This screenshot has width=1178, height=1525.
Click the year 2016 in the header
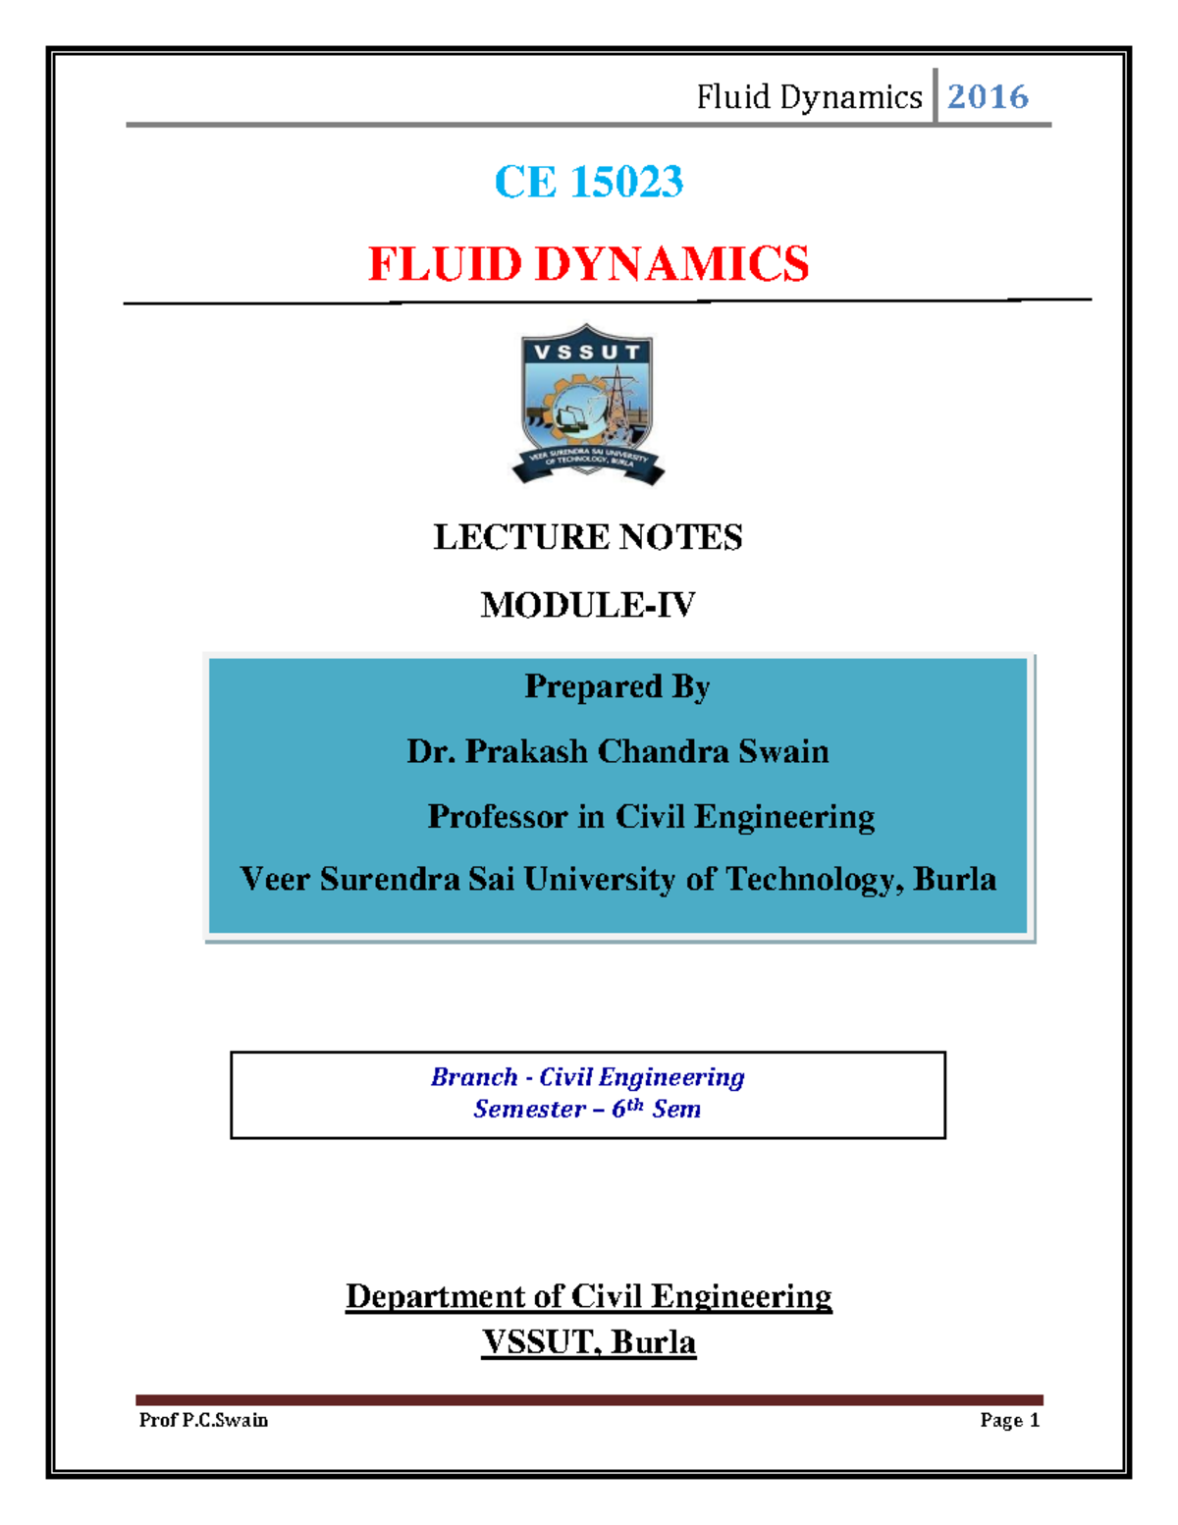(x=988, y=97)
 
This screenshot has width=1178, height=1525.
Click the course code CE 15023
(x=588, y=182)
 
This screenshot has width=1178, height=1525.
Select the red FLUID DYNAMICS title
(x=588, y=264)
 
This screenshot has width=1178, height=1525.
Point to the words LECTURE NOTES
(x=587, y=537)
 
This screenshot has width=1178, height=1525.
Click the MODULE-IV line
(x=587, y=605)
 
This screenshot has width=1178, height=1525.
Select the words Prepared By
(x=616, y=685)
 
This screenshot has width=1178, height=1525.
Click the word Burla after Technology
(x=954, y=879)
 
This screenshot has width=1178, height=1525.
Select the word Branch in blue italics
(x=474, y=1077)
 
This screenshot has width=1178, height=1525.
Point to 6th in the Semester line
(x=627, y=1109)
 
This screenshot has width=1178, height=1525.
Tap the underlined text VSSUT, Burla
(x=588, y=1341)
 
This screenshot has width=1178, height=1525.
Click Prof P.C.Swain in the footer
(x=203, y=1420)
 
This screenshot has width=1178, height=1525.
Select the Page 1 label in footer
(x=1009, y=1420)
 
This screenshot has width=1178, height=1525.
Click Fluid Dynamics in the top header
(x=809, y=97)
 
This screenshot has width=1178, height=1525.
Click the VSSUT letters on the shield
(x=587, y=352)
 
